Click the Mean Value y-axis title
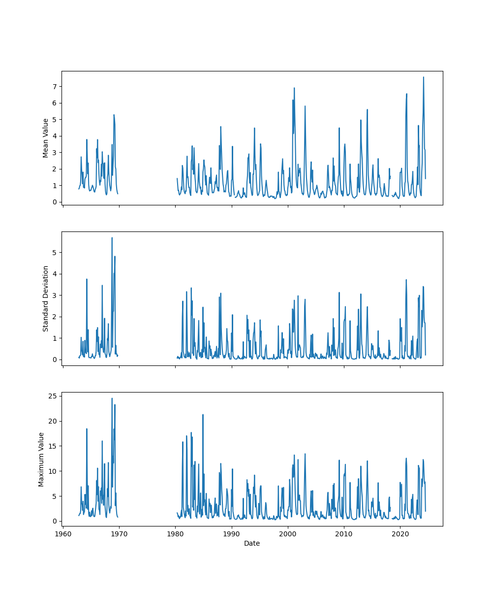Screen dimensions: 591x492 point(46,138)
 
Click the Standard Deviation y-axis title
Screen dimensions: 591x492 point(46,298)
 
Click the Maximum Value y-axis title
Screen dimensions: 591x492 point(41,459)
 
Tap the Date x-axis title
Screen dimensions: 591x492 point(252,543)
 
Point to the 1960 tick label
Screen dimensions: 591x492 point(63,534)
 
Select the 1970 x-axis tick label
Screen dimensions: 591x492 point(119,534)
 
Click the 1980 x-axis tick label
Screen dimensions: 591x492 point(175,534)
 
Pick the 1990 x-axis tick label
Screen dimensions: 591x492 point(231,534)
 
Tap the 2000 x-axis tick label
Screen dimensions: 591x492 point(287,534)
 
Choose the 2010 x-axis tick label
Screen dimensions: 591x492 point(343,534)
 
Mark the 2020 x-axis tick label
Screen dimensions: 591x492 point(400,534)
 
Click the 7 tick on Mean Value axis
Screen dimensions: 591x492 point(55,87)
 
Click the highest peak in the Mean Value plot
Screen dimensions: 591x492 point(423,77)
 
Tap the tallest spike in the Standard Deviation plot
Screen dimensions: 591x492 point(112,238)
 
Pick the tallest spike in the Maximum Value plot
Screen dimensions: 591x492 point(112,398)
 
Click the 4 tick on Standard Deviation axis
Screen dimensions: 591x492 point(55,274)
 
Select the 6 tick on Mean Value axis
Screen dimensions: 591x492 point(55,103)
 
